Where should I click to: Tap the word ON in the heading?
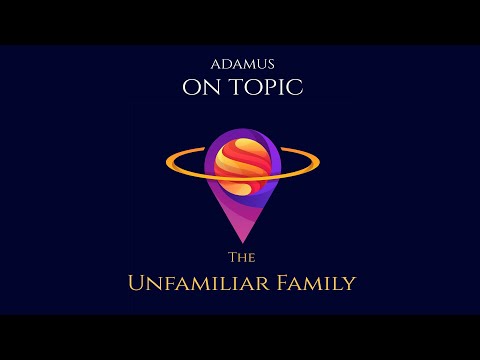pos(200,88)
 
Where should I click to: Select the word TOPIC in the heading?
pos(262,88)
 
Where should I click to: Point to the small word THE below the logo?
pos(241,256)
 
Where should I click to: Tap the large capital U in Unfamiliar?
pos(136,283)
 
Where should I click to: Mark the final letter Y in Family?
pos(348,284)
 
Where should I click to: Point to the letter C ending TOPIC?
pos(295,88)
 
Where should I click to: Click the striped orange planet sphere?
pos(241,164)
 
